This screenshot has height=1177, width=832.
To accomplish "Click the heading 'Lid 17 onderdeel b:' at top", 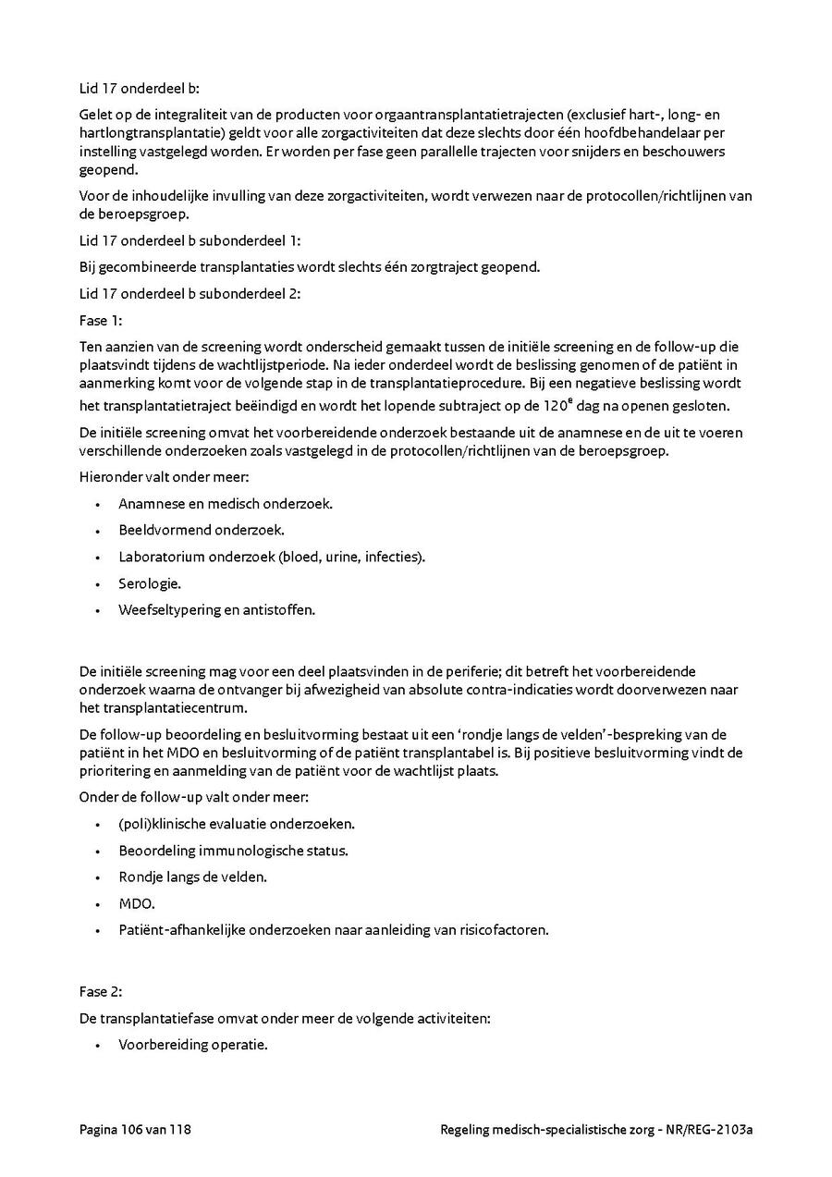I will point(139,89).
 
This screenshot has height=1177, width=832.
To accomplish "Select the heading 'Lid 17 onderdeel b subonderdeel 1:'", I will point(190,240).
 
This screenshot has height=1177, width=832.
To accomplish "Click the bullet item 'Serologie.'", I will point(150,583).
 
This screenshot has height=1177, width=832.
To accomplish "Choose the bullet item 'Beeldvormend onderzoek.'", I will point(202,530).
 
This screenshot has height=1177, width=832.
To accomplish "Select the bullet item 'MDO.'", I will point(137,903).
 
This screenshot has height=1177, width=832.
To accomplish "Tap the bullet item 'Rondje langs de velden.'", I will point(192,877).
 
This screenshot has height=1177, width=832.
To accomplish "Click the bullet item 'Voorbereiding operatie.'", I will point(192,1045).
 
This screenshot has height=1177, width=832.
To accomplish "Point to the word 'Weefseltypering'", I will point(169,610).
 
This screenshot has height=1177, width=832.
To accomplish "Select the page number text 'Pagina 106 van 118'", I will point(135,1130).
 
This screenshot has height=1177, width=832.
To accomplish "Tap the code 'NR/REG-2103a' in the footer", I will point(710,1130).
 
